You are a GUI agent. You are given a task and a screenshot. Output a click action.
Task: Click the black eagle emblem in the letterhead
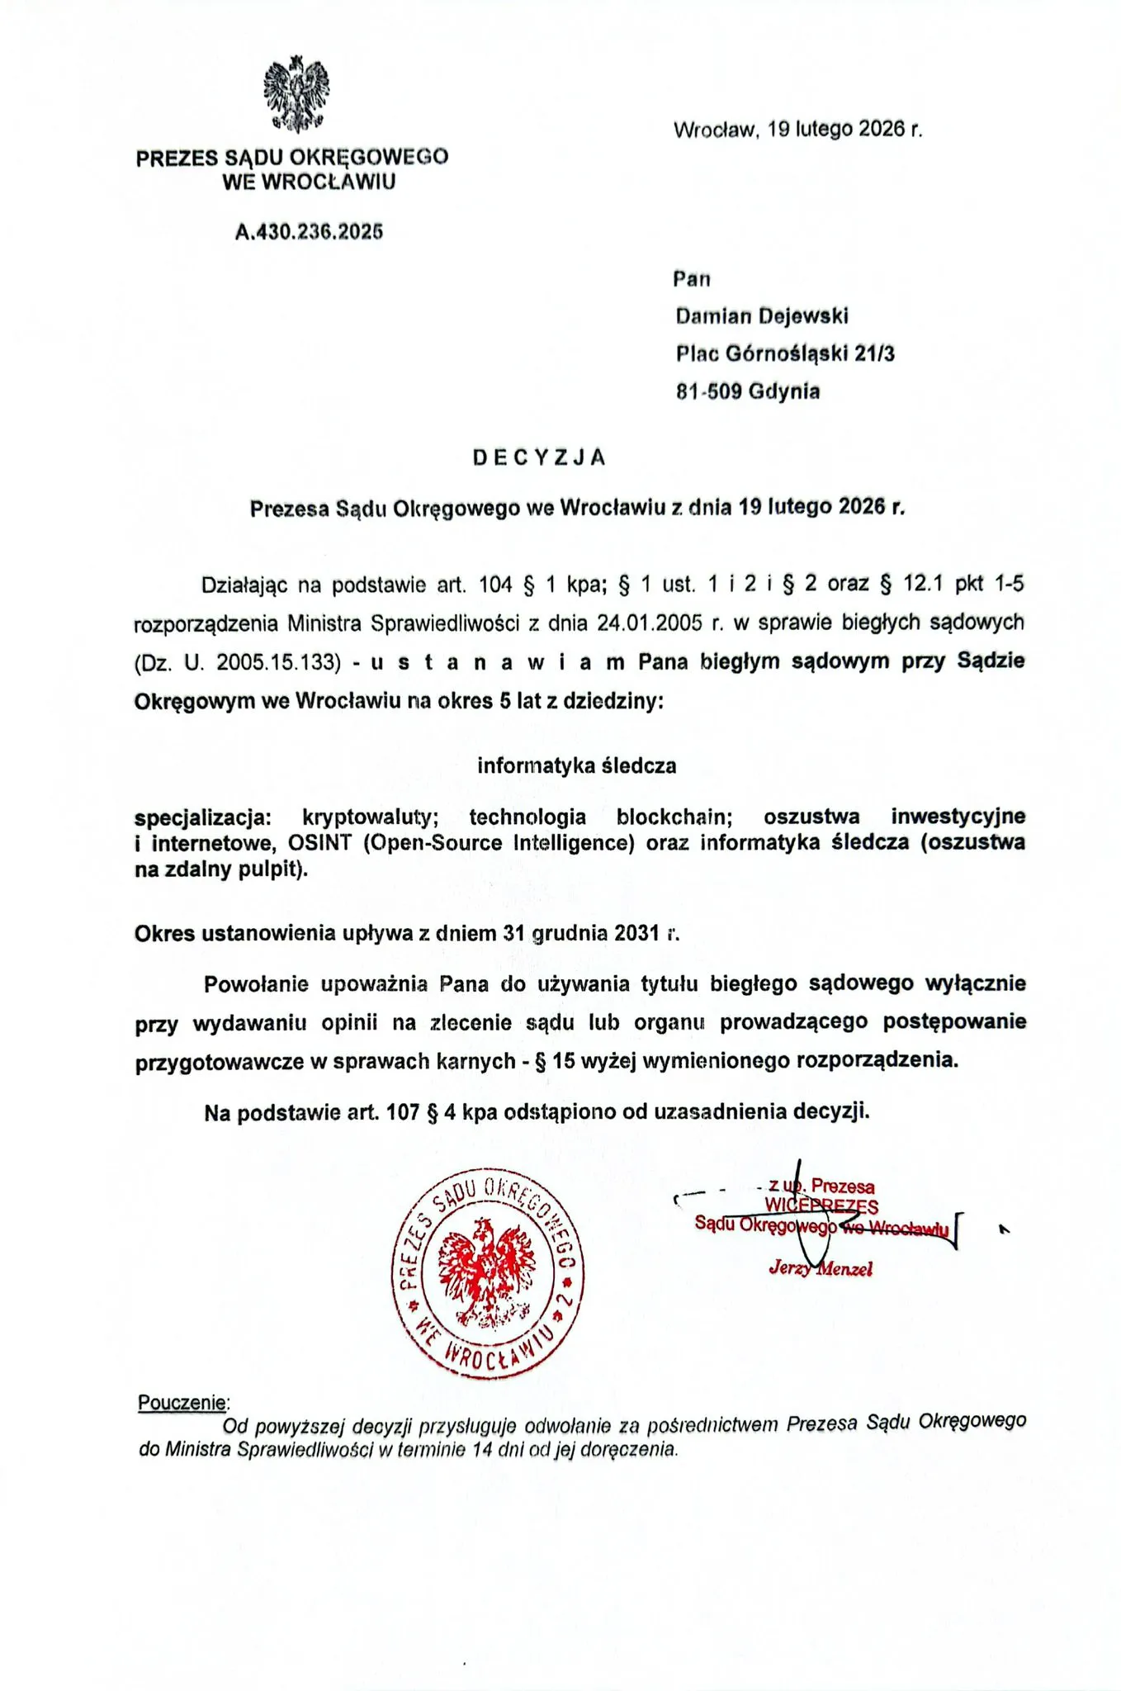point(296,93)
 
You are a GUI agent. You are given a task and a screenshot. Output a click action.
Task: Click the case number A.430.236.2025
point(309,232)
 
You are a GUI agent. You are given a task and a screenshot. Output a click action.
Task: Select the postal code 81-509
point(708,391)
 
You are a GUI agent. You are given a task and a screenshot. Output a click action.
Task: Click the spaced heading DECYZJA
point(540,457)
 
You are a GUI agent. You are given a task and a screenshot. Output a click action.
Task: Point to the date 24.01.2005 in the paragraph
point(655,623)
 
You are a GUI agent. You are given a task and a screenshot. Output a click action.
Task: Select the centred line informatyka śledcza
point(576,765)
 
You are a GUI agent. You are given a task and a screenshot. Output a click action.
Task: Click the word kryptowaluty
point(370,817)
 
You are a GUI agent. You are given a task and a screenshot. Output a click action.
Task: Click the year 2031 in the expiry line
point(636,933)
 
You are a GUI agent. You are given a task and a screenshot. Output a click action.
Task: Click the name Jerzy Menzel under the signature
point(820,1268)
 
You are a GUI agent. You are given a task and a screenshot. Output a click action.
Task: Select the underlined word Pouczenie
point(182,1402)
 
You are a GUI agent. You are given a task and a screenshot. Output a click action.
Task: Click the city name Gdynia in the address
point(784,391)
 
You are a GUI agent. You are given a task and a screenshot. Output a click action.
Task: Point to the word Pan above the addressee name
point(692,279)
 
